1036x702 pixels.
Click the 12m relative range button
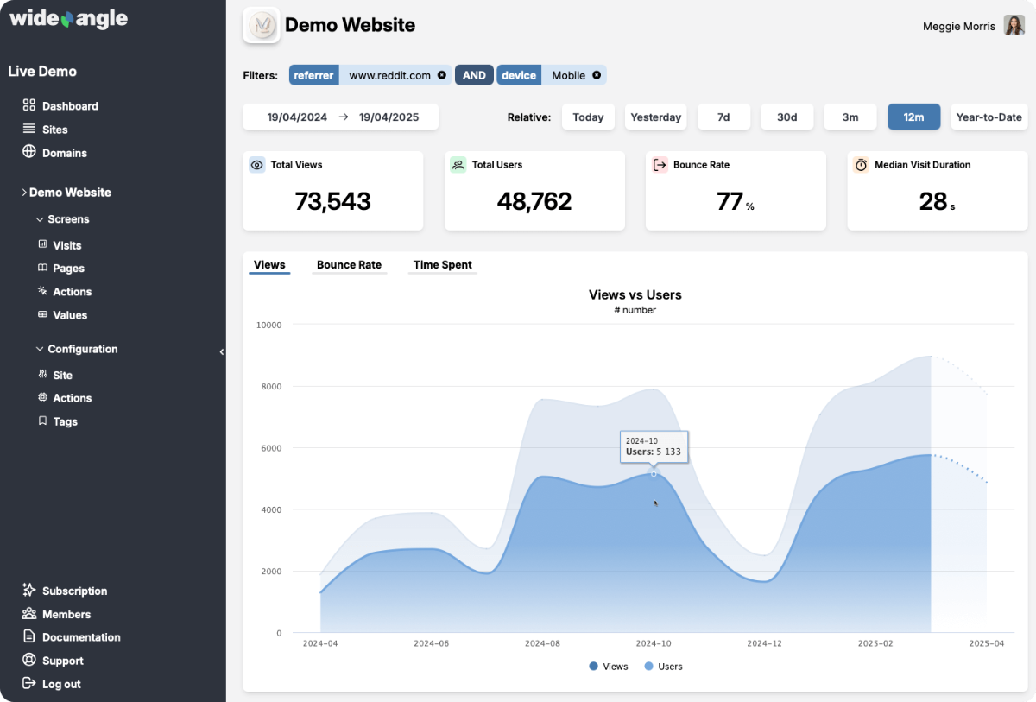pyautogui.click(x=913, y=117)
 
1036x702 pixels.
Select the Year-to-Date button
pyautogui.click(x=989, y=117)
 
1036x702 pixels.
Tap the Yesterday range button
pyautogui.click(x=655, y=117)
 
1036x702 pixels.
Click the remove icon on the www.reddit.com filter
pyautogui.click(x=442, y=75)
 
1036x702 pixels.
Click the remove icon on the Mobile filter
pyautogui.click(x=597, y=75)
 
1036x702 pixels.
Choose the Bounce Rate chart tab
pyautogui.click(x=349, y=265)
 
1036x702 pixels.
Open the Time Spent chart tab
pyautogui.click(x=442, y=265)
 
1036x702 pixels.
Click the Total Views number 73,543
pyautogui.click(x=332, y=201)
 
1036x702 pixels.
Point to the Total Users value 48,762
pyautogui.click(x=534, y=201)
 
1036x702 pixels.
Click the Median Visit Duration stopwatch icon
pyautogui.click(x=861, y=165)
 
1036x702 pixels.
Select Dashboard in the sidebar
pyautogui.click(x=70, y=106)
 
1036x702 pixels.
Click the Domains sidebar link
pyautogui.click(x=64, y=153)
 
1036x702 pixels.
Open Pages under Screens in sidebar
pyautogui.click(x=68, y=269)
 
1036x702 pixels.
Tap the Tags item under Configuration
pyautogui.click(x=65, y=421)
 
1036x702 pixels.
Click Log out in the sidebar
pyautogui.click(x=61, y=684)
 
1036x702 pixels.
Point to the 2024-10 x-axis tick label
pyautogui.click(x=653, y=643)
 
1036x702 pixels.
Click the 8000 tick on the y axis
pyautogui.click(x=269, y=387)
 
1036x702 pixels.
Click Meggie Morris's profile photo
pyautogui.click(x=1014, y=26)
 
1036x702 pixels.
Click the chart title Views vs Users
pyautogui.click(x=635, y=294)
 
